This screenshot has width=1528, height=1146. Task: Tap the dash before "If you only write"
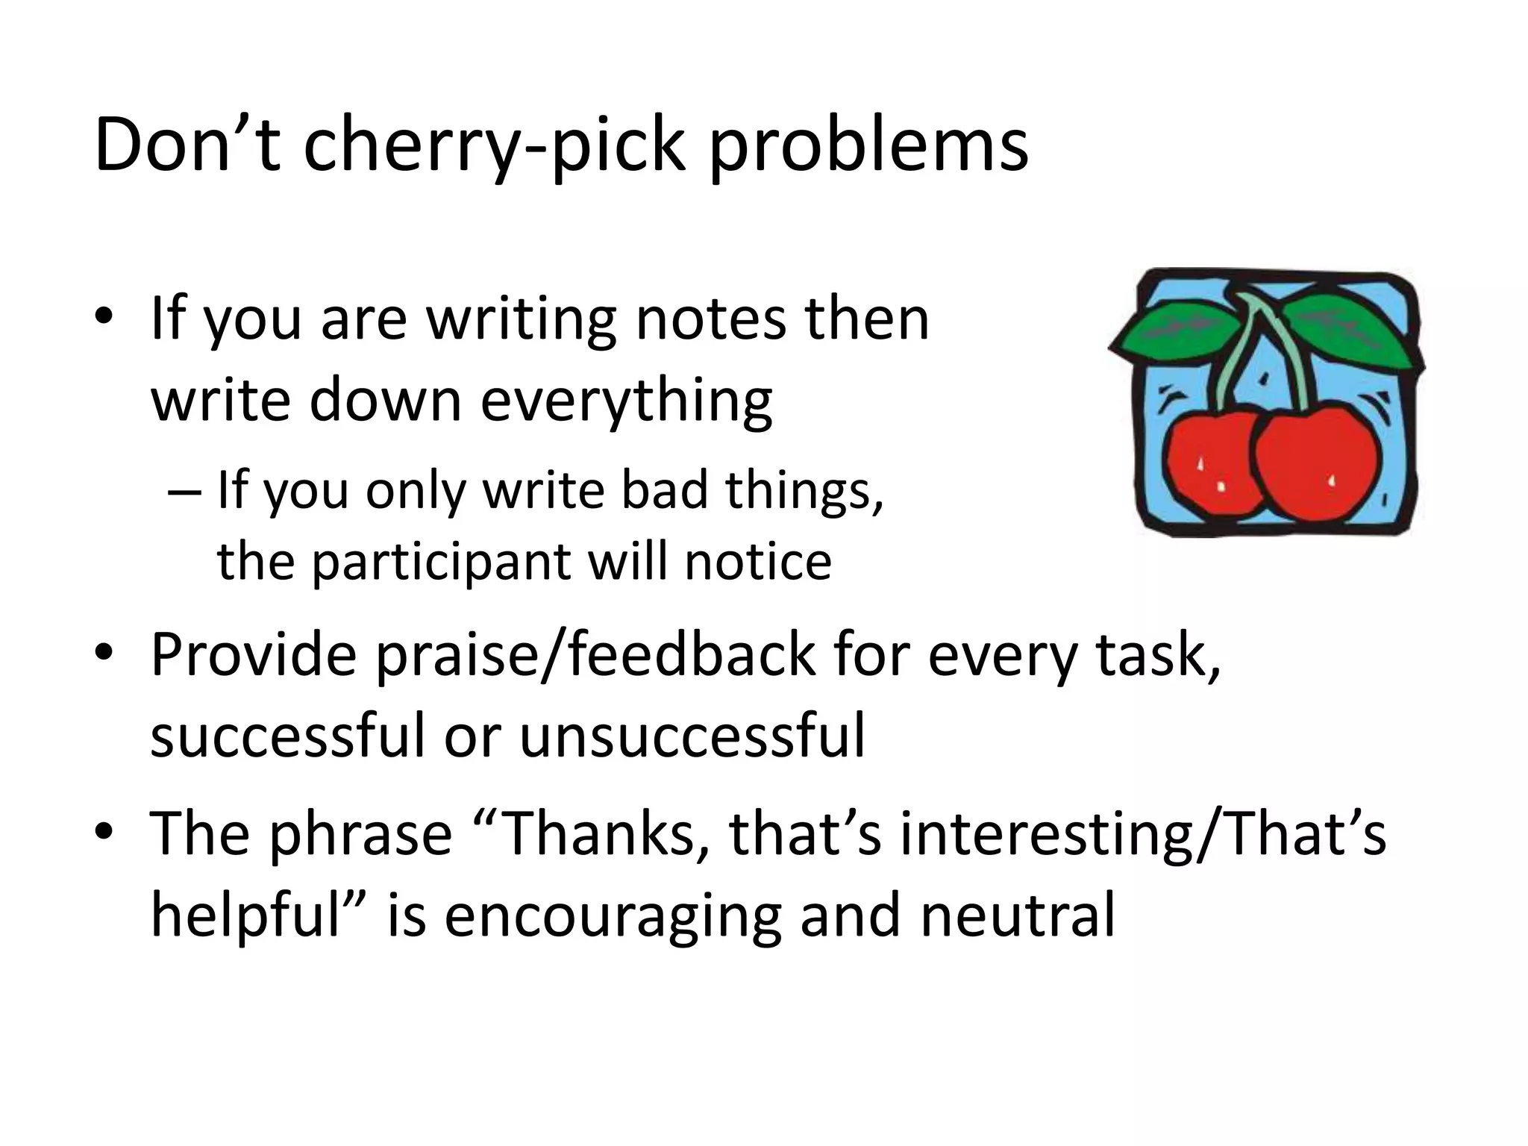click(x=184, y=492)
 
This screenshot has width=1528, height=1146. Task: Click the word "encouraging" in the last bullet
click(x=613, y=915)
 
